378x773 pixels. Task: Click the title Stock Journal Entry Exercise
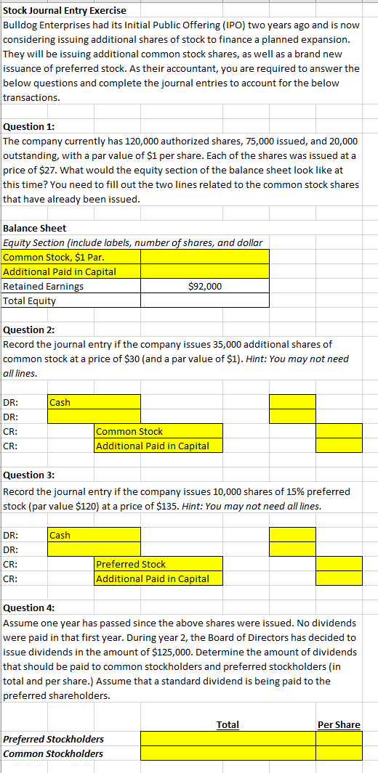[65, 10]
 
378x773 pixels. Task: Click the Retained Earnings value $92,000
[205, 286]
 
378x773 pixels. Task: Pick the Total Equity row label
[30, 300]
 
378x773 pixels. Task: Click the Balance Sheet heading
[35, 228]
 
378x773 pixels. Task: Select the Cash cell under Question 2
[94, 402]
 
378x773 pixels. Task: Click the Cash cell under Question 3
[94, 535]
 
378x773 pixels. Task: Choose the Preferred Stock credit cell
[158, 564]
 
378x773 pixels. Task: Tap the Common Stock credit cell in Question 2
[158, 431]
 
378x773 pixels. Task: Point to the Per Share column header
[339, 724]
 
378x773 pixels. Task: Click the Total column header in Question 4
[228, 724]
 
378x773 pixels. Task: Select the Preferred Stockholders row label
[54, 739]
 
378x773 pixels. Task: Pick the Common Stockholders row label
[53, 753]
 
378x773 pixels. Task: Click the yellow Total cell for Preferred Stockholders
[228, 739]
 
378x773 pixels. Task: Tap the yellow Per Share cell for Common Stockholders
[339, 753]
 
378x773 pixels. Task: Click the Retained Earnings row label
[44, 286]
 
